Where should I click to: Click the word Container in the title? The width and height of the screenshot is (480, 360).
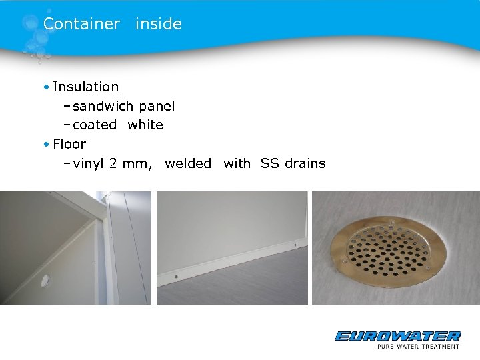pyautogui.click(x=81, y=24)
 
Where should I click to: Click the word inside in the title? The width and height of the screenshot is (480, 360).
pyautogui.click(x=159, y=24)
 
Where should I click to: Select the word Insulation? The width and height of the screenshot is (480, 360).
pyautogui.click(x=85, y=87)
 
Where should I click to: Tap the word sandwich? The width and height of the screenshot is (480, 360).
pyautogui.click(x=104, y=106)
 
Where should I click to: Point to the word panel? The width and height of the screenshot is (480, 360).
pyautogui.click(x=157, y=106)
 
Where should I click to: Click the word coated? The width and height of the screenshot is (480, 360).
pyautogui.click(x=95, y=125)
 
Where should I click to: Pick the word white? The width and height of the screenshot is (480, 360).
pyautogui.click(x=145, y=125)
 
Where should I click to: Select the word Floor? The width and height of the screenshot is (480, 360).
pyautogui.click(x=69, y=144)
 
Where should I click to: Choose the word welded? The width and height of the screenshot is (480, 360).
pyautogui.click(x=188, y=163)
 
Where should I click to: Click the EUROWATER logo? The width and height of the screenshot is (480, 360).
pyautogui.click(x=397, y=336)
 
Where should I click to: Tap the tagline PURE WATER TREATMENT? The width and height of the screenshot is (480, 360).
pyautogui.click(x=417, y=346)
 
